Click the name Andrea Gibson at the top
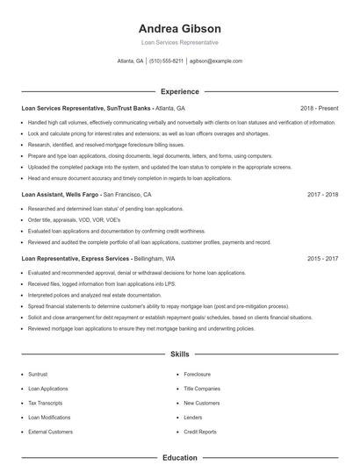[x=179, y=28]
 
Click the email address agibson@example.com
[x=216, y=61]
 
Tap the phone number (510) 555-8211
[x=167, y=61]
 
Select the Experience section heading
[x=179, y=91]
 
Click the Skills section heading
[x=179, y=354]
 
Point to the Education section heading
[x=179, y=457]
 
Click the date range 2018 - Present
[x=319, y=108]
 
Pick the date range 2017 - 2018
[x=322, y=194]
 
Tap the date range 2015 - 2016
[x=322, y=259]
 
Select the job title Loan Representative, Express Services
[x=76, y=259]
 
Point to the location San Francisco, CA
[x=127, y=194]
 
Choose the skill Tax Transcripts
[x=46, y=403]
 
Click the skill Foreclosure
[x=198, y=373]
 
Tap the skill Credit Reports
[x=200, y=433]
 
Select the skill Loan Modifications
[x=49, y=418]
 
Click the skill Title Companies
[x=202, y=388]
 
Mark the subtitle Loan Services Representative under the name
[x=179, y=42]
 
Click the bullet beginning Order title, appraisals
[x=66, y=219]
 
